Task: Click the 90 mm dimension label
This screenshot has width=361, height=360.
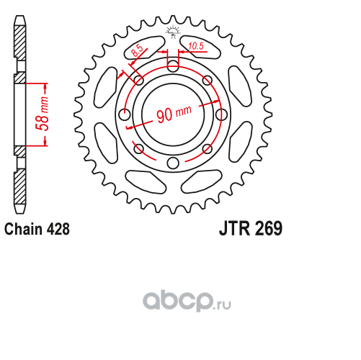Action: pyautogui.click(x=174, y=113)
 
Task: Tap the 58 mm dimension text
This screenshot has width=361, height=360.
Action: pyautogui.click(x=43, y=114)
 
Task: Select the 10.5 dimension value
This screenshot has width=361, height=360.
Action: pyautogui.click(x=196, y=46)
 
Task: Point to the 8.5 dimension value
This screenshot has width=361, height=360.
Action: pyautogui.click(x=137, y=51)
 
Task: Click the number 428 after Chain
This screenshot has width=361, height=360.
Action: pyautogui.click(x=58, y=229)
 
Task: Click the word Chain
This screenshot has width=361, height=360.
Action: pyautogui.click(x=23, y=229)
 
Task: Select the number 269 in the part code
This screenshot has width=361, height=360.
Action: pyautogui.click(x=269, y=229)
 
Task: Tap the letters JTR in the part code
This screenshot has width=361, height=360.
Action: pyautogui.click(x=234, y=229)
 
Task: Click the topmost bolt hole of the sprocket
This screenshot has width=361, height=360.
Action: pyautogui.click(x=173, y=66)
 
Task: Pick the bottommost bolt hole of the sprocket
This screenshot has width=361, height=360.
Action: pyautogui.click(x=173, y=163)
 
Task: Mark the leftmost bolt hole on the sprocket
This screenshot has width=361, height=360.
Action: pyautogui.click(x=125, y=114)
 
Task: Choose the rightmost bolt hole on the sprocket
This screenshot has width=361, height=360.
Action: pyautogui.click(x=221, y=114)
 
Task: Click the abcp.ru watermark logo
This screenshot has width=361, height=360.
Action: pyautogui.click(x=187, y=301)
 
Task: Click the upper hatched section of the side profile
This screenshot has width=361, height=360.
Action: pyautogui.click(x=19, y=42)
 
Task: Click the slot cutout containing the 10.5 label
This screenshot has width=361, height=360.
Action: pyautogui.click(x=200, y=47)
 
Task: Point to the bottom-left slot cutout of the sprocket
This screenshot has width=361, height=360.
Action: pyautogui.click(x=146, y=181)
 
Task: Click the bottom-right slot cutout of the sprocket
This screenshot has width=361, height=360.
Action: pyautogui.click(x=201, y=181)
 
